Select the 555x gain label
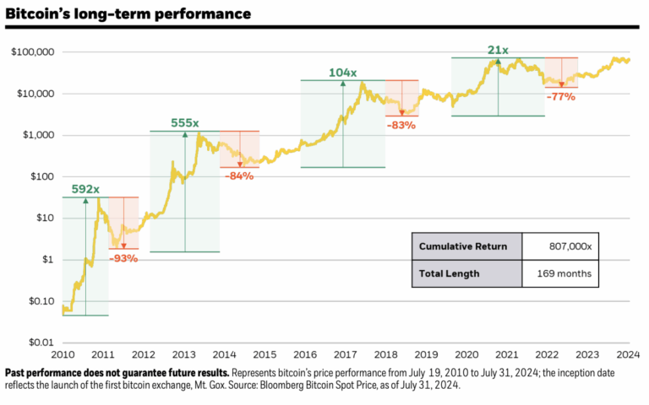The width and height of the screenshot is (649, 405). [x=185, y=123]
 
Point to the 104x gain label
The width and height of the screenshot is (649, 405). [x=343, y=73]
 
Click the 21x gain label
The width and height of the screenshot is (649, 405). [x=498, y=50]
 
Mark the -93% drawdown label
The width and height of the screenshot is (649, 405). [x=123, y=257]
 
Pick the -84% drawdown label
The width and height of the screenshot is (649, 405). [x=239, y=175]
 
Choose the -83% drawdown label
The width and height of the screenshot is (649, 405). [x=401, y=125]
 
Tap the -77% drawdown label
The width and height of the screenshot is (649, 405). [x=560, y=96]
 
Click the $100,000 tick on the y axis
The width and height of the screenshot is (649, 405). [x=34, y=52]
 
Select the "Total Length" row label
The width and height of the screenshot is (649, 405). [x=450, y=273]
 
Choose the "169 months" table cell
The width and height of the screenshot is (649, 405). [x=564, y=273]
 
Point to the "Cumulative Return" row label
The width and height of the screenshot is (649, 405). [x=463, y=246]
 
